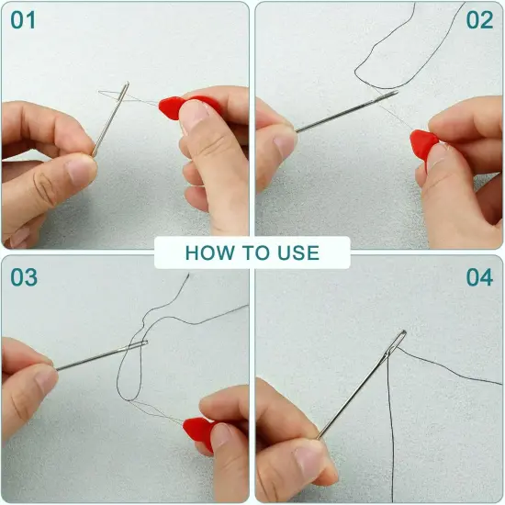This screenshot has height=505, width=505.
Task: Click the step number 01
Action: pyautogui.click(x=23, y=20)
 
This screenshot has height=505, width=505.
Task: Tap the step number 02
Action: pyautogui.click(x=479, y=20)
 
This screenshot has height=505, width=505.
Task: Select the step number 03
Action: pyautogui.click(x=23, y=276)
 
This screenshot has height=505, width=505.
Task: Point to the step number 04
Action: pyautogui.click(x=479, y=276)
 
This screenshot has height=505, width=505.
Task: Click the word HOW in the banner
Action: pyautogui.click(x=208, y=252)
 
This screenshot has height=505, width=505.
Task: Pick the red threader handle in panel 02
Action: pyautogui.click(x=422, y=143)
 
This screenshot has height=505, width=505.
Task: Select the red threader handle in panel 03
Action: pyautogui.click(x=197, y=430)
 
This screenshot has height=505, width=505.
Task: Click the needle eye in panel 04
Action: pyautogui.click(x=398, y=342)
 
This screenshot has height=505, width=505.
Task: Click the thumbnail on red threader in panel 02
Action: pyautogui.click(x=439, y=156)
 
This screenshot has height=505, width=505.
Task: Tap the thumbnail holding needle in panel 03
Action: pyautogui.click(x=44, y=378)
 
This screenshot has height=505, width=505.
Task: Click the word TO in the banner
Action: pyautogui.click(x=252, y=252)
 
